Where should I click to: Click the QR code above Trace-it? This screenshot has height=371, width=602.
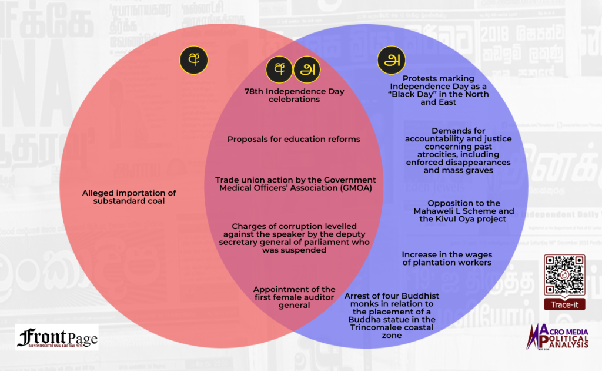click(x=564, y=275)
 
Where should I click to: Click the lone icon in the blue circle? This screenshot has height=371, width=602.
click(x=391, y=59)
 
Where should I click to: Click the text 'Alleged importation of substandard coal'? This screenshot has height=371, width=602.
click(x=129, y=197)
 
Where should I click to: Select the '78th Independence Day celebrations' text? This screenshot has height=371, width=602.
click(x=294, y=95)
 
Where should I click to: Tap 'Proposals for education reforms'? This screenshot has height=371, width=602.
click(x=294, y=140)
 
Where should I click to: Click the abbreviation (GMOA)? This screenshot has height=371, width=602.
click(x=335, y=188)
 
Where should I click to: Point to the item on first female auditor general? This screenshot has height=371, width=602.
click(x=294, y=297)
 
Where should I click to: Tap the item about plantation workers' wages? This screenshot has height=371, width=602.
click(x=446, y=259)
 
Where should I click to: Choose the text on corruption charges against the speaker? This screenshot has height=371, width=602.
click(x=295, y=238)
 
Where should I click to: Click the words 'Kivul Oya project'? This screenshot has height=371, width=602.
click(x=468, y=219)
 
